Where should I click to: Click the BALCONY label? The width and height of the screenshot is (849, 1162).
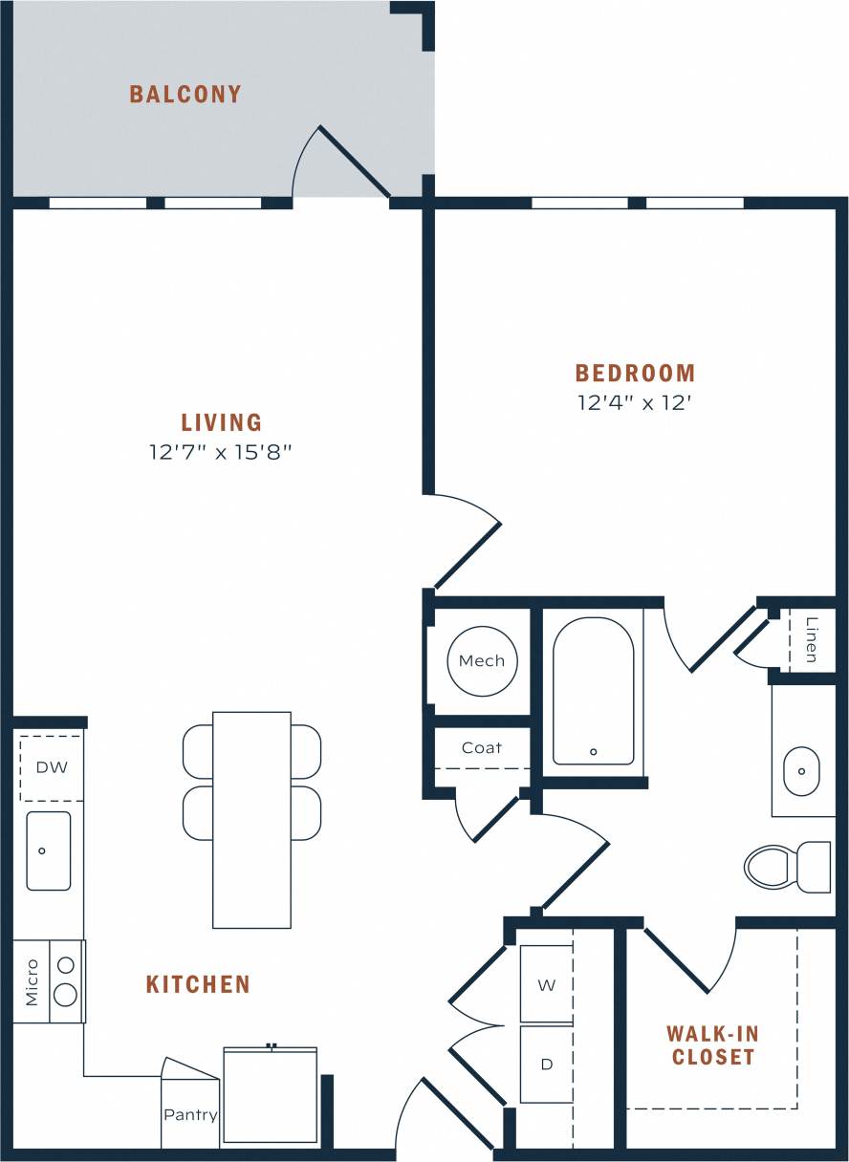pos(185,94)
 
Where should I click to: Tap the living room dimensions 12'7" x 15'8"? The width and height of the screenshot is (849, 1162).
pos(220,452)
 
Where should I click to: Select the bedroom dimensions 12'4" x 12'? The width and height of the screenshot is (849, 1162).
pos(634,402)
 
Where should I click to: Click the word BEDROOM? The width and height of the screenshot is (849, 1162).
pos(635,373)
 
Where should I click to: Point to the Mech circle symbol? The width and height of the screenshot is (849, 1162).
pos(482,660)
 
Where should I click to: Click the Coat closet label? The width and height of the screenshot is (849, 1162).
pos(482,748)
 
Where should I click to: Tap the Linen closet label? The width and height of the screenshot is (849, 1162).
pos(812,640)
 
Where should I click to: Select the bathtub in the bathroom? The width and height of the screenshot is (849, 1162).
pos(593,691)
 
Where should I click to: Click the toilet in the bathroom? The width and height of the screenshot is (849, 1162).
pos(786,867)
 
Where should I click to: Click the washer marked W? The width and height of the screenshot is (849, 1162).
pos(547,984)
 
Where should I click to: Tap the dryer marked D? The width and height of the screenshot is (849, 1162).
pos(547,1064)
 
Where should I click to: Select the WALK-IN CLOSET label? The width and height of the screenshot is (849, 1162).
pos(712,1044)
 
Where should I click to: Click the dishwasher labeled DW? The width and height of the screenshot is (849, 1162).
pos(51,767)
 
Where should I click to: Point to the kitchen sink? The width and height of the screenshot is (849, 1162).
pos(48,850)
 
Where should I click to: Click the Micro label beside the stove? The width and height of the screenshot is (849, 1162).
pos(32,981)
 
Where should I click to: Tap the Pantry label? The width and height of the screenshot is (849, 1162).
pos(190,1114)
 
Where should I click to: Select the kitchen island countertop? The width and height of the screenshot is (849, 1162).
pos(251,819)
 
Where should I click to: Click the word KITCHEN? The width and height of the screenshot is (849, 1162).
pos(198,984)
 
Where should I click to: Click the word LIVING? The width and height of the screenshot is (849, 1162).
pos(221,421)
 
